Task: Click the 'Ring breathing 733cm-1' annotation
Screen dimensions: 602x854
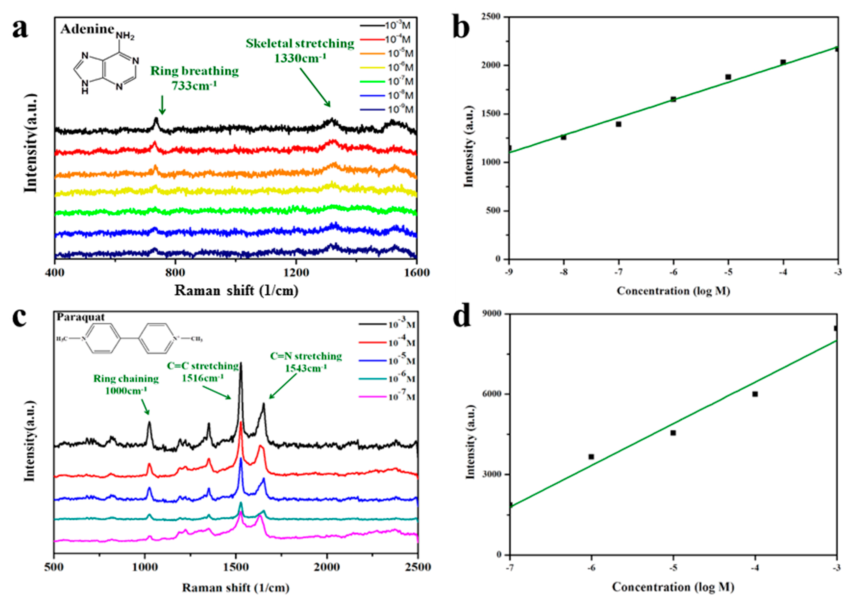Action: coord(194,78)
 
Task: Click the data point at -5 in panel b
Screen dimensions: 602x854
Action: coord(728,77)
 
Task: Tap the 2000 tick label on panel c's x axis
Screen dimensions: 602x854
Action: coord(327,567)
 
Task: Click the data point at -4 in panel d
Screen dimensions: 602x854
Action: coord(755,394)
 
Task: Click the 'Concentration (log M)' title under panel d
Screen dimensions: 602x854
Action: coord(673,587)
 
